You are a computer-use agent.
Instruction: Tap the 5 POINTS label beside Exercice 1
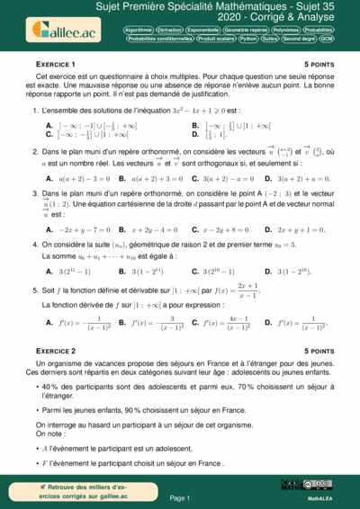[x=320, y=66]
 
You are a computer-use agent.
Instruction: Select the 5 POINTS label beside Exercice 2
[x=320, y=350]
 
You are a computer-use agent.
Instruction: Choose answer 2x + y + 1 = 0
[x=305, y=230]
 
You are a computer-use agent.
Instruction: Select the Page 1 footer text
[x=180, y=497]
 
